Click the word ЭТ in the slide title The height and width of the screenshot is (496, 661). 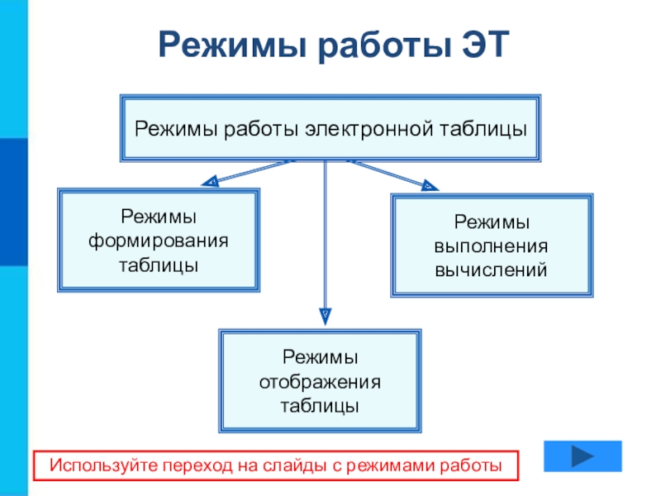(x=486, y=45)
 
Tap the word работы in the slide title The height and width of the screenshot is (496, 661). (x=384, y=45)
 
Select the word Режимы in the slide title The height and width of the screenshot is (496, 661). (x=232, y=45)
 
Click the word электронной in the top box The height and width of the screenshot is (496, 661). (x=369, y=129)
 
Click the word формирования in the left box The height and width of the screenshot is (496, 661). (x=159, y=241)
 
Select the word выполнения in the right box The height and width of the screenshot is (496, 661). (x=491, y=246)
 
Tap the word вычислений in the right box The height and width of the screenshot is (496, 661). (x=491, y=270)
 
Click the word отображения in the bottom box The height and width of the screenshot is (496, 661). (x=320, y=382)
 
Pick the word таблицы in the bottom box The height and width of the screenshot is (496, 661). (x=320, y=406)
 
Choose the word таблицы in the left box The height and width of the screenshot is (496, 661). (x=159, y=265)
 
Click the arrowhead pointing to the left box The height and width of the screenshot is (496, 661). (x=211, y=181)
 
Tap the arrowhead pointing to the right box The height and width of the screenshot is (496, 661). (x=430, y=185)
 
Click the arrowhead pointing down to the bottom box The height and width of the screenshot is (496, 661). (x=325, y=317)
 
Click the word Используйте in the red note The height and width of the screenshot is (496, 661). (x=104, y=465)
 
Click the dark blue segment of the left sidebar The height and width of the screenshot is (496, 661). (x=13, y=202)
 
